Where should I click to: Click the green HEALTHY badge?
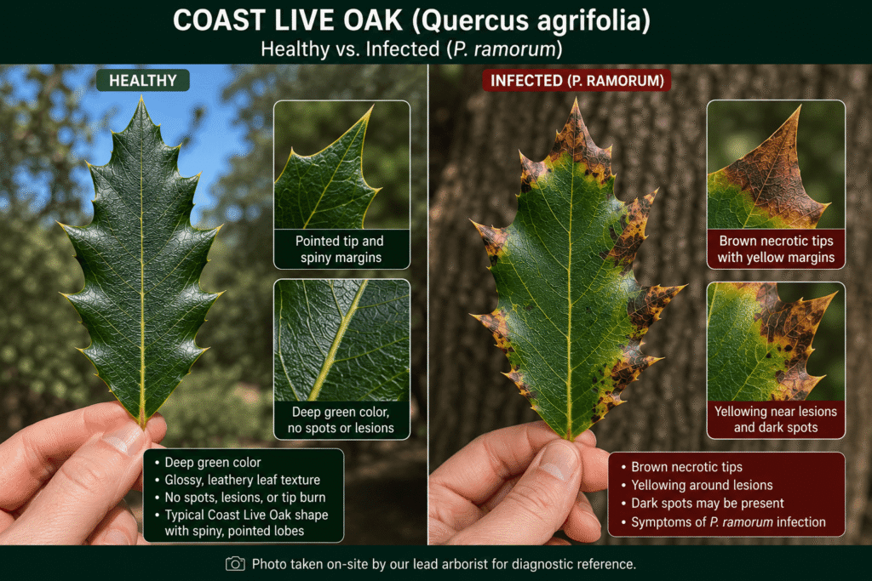[x=142, y=81]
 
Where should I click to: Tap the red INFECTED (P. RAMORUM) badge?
[x=577, y=81]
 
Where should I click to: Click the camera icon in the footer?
[x=235, y=564]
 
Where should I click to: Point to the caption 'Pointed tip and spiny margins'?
[x=340, y=249]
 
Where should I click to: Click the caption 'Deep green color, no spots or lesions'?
[x=341, y=420]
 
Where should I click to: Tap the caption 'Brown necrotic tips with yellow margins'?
[x=776, y=249]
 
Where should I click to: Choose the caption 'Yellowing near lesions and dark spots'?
[x=776, y=419]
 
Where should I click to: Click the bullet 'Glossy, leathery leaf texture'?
[x=243, y=480]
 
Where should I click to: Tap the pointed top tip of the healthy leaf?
[x=141, y=98]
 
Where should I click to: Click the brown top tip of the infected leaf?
[x=576, y=100]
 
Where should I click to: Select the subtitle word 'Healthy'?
[x=295, y=49]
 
